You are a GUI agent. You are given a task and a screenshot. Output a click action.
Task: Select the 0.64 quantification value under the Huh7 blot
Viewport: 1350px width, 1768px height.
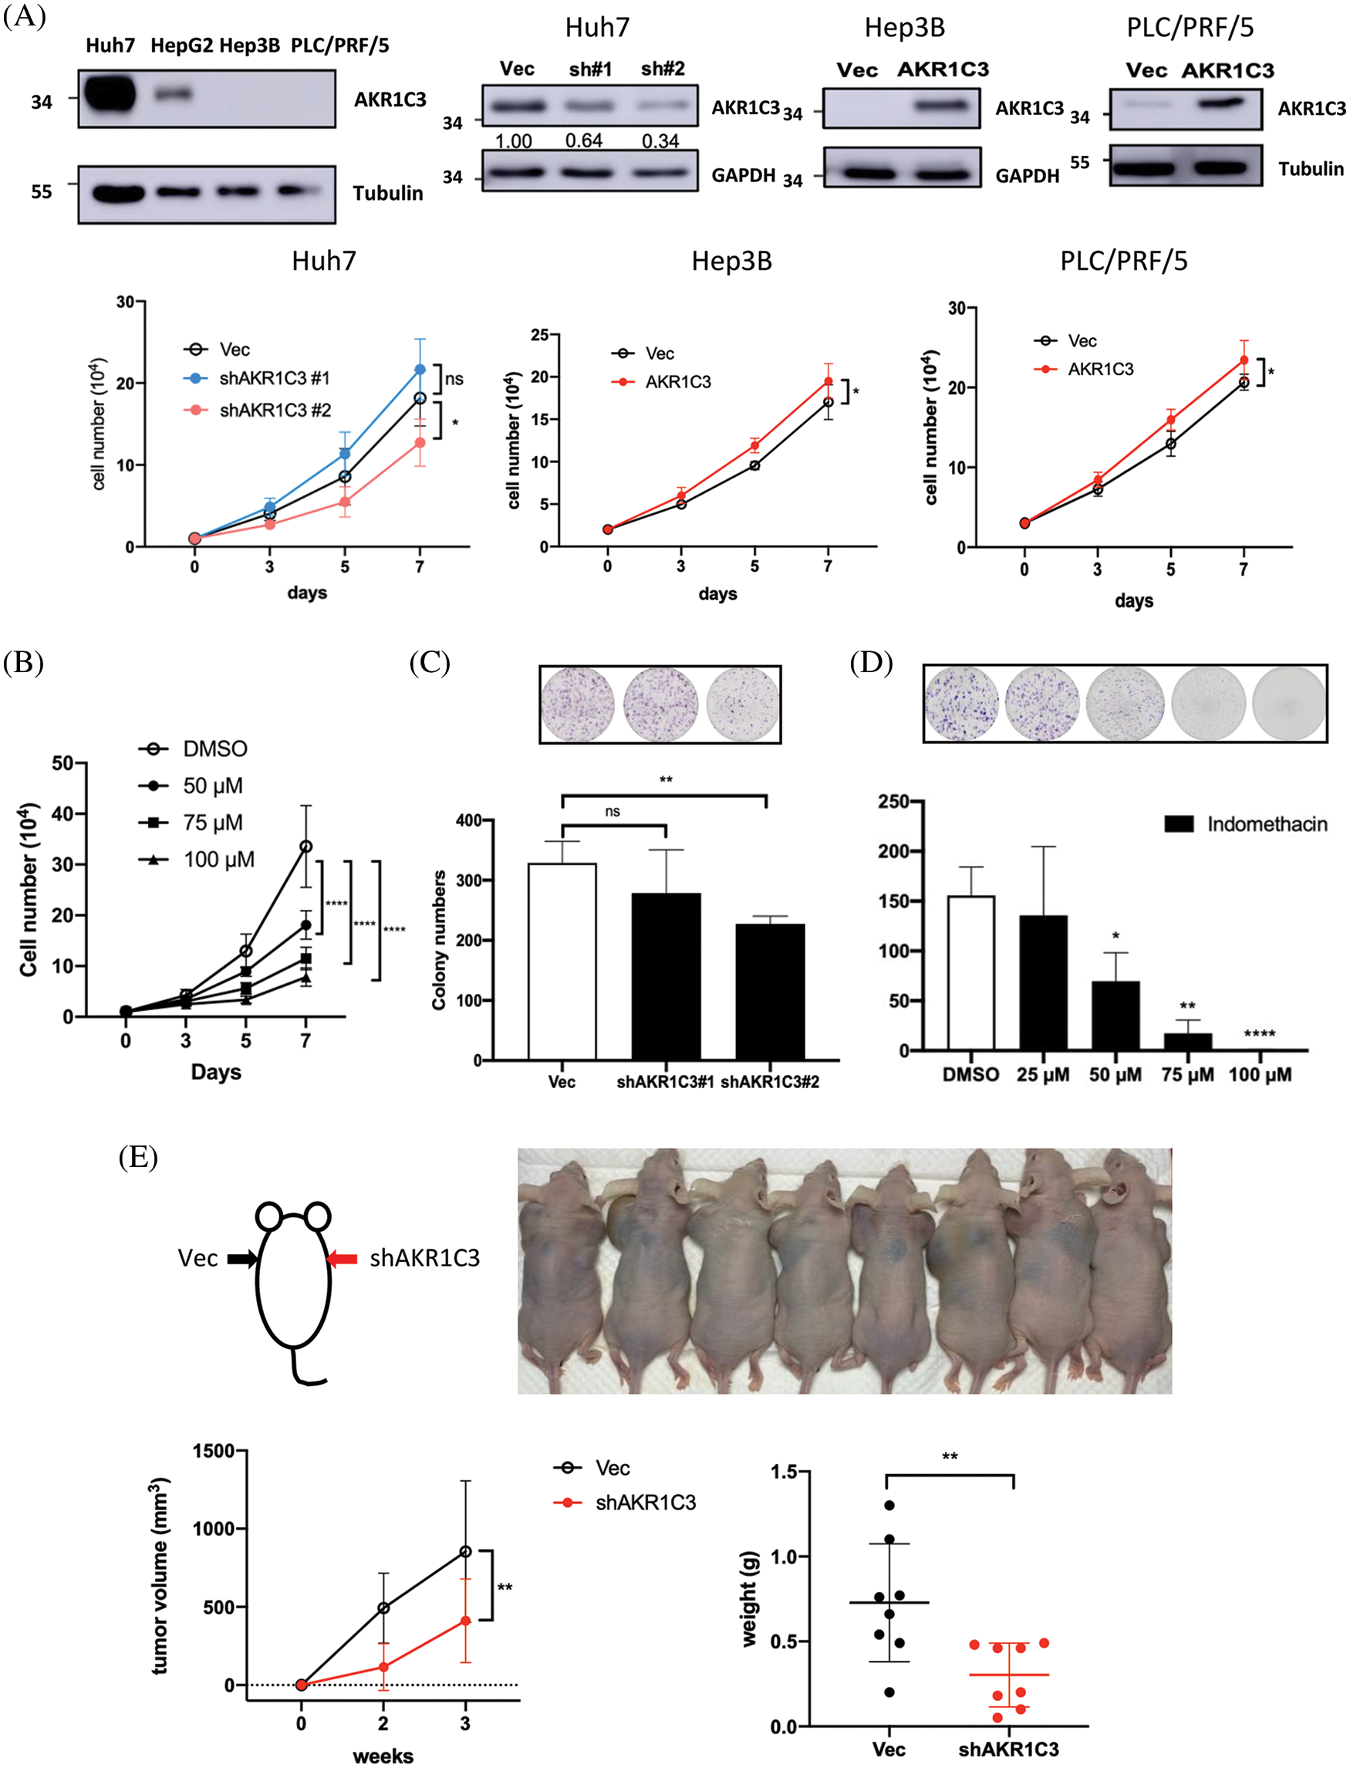click(583, 140)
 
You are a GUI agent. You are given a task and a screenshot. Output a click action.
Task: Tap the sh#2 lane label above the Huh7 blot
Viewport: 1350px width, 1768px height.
click(663, 69)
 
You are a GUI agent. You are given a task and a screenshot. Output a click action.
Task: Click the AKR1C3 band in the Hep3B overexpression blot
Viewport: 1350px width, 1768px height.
click(943, 105)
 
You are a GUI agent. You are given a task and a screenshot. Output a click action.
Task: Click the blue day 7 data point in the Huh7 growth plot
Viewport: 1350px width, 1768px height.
click(420, 370)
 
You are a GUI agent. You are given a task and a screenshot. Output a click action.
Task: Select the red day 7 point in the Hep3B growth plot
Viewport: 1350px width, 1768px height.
click(828, 382)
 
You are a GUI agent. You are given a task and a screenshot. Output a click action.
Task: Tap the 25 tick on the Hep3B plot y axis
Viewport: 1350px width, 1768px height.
click(540, 334)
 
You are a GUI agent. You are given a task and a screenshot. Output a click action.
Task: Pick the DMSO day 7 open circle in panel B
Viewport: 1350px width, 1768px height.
click(305, 847)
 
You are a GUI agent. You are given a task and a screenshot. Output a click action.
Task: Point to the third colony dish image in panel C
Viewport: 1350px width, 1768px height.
click(742, 703)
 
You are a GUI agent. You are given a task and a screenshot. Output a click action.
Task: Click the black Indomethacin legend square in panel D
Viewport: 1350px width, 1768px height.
click(1179, 823)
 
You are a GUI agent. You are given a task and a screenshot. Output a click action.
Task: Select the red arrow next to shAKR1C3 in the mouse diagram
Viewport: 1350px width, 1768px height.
click(343, 1259)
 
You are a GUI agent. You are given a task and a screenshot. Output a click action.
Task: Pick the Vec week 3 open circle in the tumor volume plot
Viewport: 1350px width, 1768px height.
click(465, 1552)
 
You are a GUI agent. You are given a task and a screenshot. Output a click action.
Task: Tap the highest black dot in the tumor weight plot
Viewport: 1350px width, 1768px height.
click(889, 1505)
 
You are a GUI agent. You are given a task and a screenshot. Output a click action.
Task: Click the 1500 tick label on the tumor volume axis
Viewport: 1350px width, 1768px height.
click(213, 1451)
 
